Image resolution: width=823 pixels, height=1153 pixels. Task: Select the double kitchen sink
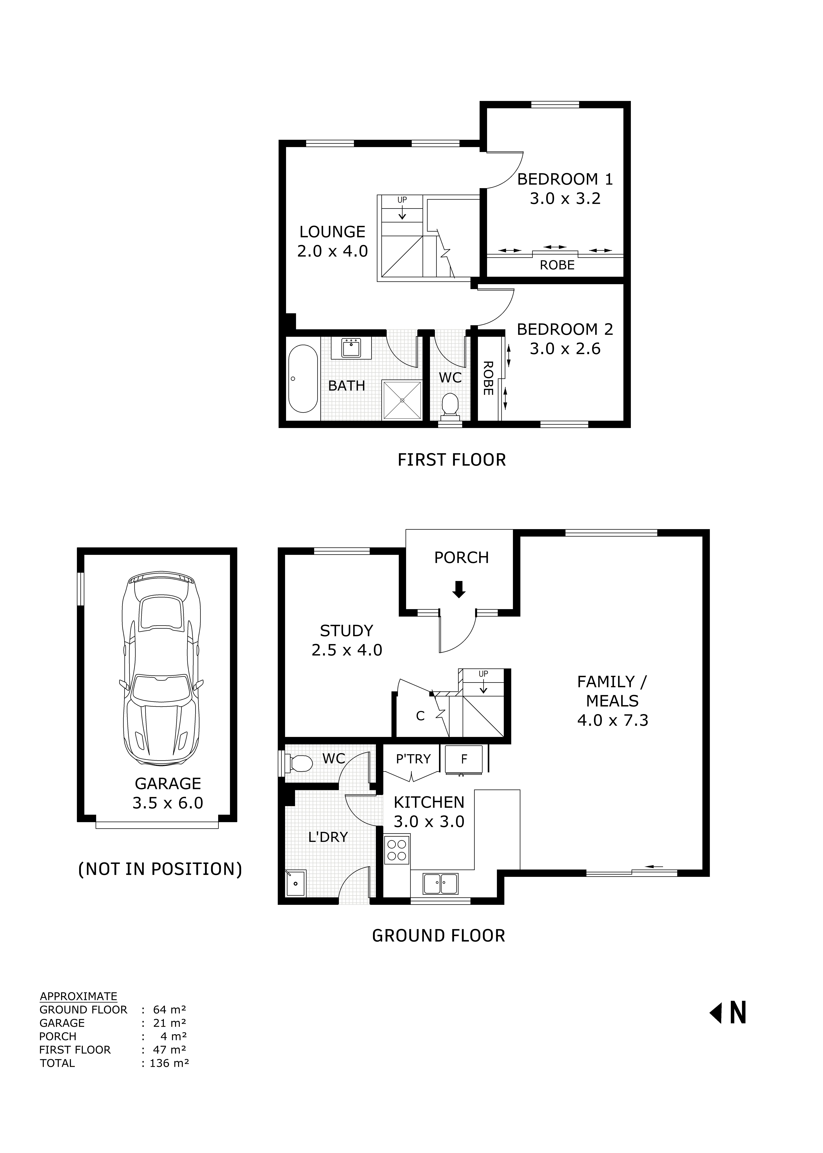(440, 883)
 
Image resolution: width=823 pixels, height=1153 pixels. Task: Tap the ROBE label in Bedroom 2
(487, 378)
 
